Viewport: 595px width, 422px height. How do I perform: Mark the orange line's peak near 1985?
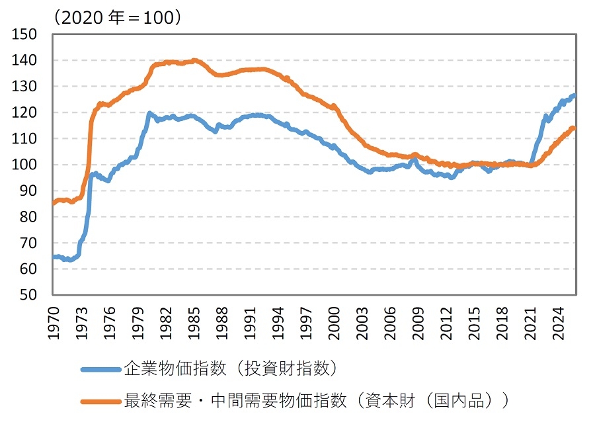click(194, 60)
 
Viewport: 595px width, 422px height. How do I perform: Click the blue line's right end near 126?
click(574, 96)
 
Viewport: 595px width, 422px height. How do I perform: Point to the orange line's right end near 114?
click(574, 128)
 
